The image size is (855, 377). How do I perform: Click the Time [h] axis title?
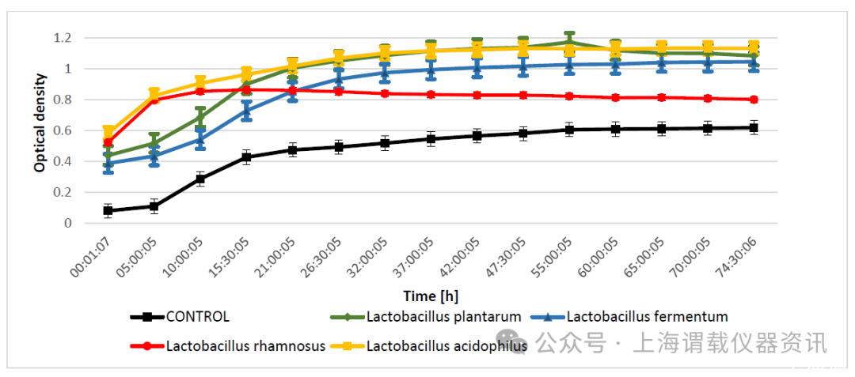(x=431, y=296)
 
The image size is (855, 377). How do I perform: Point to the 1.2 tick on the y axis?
(x=63, y=38)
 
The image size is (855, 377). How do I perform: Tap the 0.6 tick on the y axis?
(x=63, y=130)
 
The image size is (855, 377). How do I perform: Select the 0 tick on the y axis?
(x=68, y=223)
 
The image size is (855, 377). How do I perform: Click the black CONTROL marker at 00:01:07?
(x=108, y=211)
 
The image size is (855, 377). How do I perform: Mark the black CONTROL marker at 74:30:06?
(x=754, y=127)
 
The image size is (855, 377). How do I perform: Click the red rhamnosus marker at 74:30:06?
(x=754, y=100)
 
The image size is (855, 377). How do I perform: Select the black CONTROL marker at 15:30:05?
(x=246, y=157)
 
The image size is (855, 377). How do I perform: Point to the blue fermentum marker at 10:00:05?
(x=200, y=140)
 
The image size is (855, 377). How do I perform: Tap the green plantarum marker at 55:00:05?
(x=569, y=42)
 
